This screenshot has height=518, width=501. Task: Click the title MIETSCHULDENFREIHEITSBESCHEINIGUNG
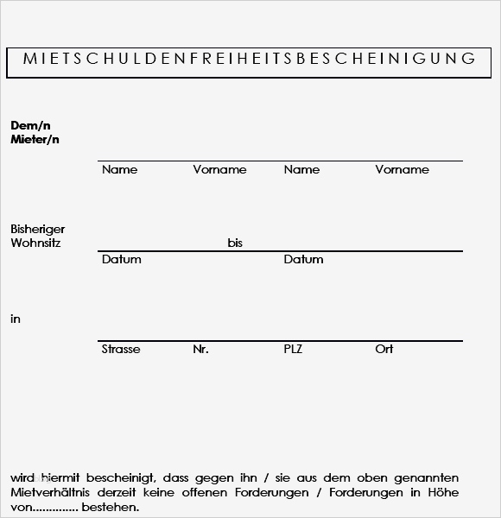(x=249, y=59)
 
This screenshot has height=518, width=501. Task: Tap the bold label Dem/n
(x=30, y=125)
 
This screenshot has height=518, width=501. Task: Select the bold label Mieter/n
(x=35, y=139)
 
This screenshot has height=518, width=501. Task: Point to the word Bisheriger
(x=37, y=229)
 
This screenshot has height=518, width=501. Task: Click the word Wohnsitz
(x=35, y=243)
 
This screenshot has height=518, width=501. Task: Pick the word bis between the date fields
(x=235, y=243)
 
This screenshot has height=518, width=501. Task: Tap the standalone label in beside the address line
(x=15, y=319)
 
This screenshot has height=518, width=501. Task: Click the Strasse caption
(x=120, y=349)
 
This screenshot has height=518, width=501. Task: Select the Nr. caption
(x=200, y=349)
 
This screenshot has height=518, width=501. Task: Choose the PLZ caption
(x=294, y=349)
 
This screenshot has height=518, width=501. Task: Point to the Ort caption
(x=384, y=349)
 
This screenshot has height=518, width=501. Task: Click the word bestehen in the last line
(x=110, y=507)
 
